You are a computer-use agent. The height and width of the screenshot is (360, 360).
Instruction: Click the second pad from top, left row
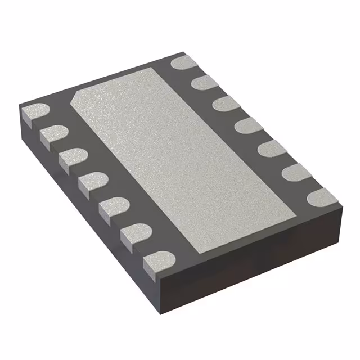tap(54, 134)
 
